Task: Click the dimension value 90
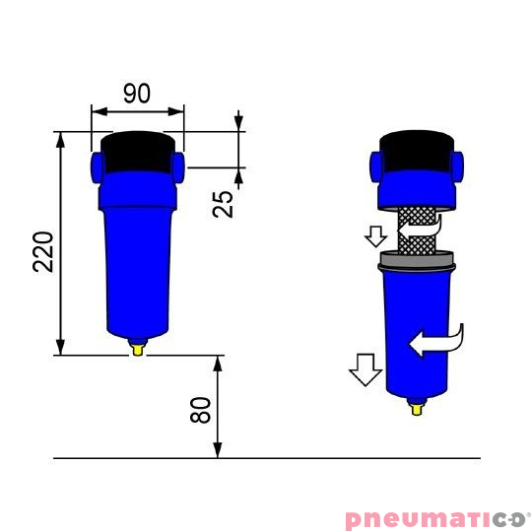[x=137, y=94]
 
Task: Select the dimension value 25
[x=225, y=204]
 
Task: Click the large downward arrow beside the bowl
[x=365, y=369]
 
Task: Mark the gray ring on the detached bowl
[x=417, y=262]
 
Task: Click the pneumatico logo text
[x=437, y=519]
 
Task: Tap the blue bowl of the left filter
[x=138, y=266]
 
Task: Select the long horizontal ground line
[x=266, y=458]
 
